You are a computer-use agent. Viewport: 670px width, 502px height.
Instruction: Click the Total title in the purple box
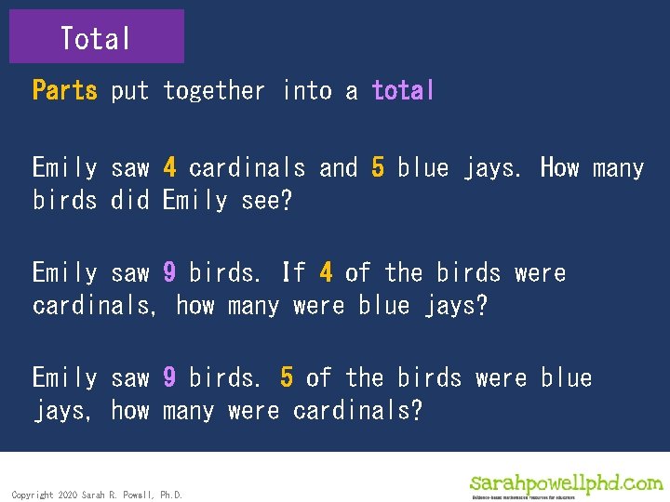[96, 38]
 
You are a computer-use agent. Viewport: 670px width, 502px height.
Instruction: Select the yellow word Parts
[64, 90]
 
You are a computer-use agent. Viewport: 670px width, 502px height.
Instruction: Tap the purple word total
[403, 90]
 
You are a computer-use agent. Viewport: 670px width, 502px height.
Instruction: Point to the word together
[213, 90]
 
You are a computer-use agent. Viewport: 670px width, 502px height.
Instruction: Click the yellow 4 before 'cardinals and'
[169, 168]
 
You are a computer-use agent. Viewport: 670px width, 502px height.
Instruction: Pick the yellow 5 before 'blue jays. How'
[378, 168]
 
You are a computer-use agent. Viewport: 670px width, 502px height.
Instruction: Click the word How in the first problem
[560, 168]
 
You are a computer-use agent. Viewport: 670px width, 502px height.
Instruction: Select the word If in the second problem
[293, 272]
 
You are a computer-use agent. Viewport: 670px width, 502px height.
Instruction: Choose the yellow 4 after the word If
[326, 272]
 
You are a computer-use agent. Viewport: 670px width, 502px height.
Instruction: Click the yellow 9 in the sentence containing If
[169, 272]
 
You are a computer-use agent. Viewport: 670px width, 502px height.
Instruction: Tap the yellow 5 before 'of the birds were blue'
[287, 377]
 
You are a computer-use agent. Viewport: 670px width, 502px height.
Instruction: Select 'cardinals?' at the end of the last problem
[357, 410]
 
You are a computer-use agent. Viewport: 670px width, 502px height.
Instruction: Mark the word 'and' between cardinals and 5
[338, 168]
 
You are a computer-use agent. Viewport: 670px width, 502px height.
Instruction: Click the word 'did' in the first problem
[129, 201]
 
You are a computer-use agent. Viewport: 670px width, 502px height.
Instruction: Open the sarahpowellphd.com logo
[567, 484]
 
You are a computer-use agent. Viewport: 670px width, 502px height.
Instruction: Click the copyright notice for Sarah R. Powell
[97, 495]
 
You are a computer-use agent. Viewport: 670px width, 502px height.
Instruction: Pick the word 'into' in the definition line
[305, 90]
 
